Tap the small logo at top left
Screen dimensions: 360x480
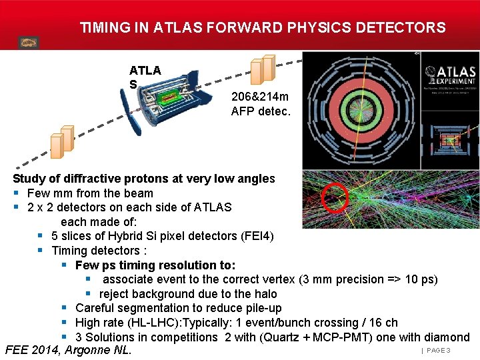(29, 42)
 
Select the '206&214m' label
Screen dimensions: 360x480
(260, 97)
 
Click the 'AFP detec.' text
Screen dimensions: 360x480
(261, 111)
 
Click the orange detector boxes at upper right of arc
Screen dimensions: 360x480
(263, 69)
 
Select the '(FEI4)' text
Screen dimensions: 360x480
(255, 236)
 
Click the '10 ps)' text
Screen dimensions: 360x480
(421, 279)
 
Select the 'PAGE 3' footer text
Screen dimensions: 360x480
(438, 351)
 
